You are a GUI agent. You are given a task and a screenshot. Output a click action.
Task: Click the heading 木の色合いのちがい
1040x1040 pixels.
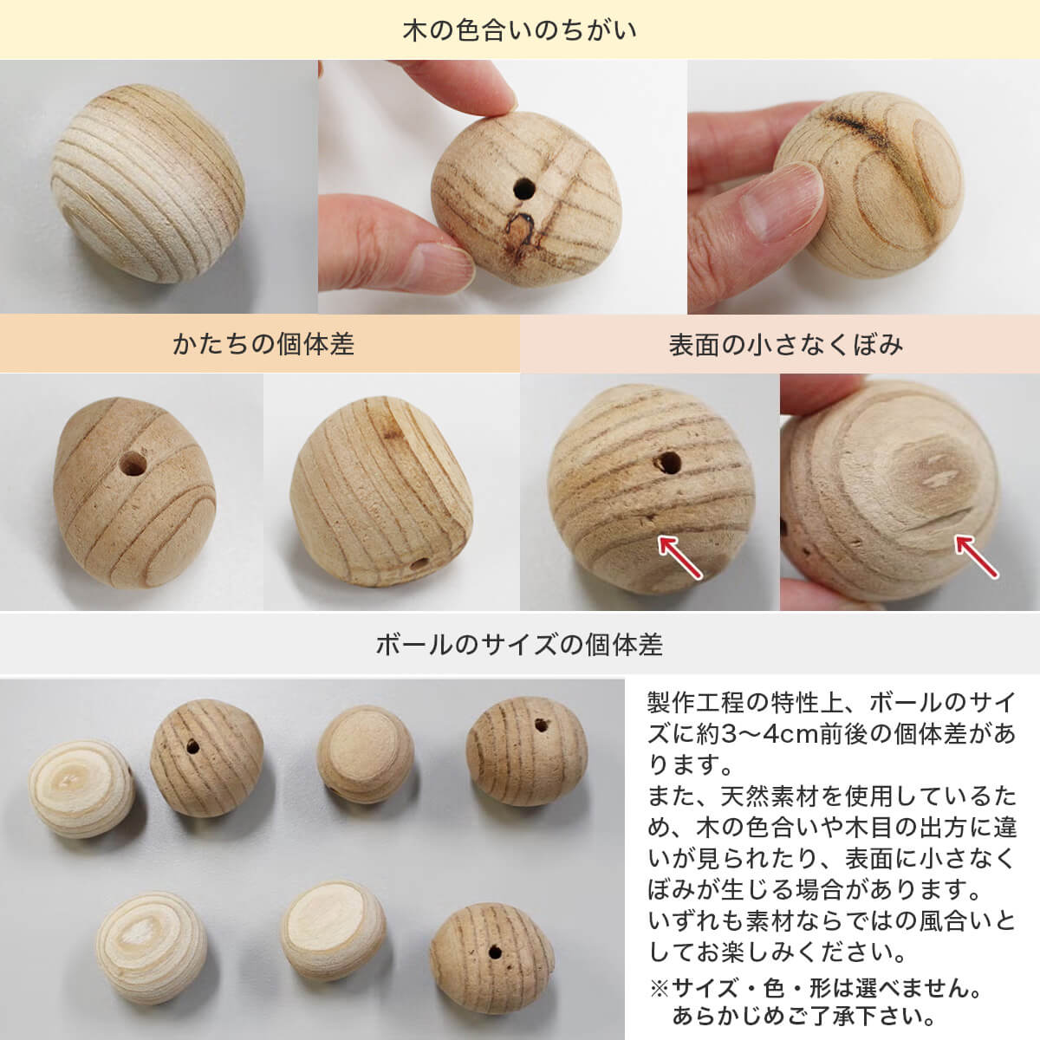tap(519, 30)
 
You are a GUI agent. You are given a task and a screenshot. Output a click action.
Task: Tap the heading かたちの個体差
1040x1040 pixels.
tap(263, 344)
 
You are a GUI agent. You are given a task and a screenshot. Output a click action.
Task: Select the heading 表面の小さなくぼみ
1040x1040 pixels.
tap(786, 345)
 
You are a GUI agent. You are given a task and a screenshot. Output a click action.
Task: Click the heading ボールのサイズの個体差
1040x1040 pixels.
tap(519, 645)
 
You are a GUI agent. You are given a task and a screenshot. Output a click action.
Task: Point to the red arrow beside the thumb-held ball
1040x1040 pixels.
tap(977, 556)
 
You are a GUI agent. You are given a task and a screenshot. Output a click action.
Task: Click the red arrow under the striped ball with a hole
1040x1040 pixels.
tap(679, 557)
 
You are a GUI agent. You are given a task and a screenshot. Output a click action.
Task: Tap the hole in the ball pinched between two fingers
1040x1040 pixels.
tap(524, 189)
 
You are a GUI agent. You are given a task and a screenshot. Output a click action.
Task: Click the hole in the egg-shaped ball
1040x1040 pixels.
tap(133, 464)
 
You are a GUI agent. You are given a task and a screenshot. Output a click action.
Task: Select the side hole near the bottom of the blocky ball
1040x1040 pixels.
tap(419, 565)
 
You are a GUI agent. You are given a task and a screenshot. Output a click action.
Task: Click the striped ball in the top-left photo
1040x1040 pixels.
tap(148, 184)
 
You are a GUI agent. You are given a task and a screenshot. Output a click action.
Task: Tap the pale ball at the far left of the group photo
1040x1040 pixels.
tap(81, 789)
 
